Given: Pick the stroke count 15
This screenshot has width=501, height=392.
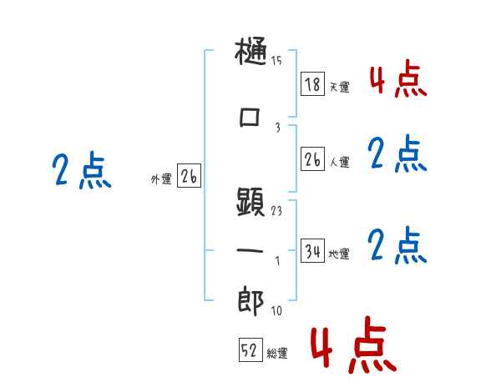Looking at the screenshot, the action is tap(276, 60).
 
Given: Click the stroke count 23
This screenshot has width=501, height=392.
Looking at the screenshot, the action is tap(276, 211).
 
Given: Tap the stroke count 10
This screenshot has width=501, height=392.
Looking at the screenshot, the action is tap(276, 311).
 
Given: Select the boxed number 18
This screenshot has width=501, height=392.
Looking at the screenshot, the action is tap(312, 84).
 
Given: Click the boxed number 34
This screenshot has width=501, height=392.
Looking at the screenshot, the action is tap(312, 250).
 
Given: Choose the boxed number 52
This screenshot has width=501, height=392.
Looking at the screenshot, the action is tap(248, 350).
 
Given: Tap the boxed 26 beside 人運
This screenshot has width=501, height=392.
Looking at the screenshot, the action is tap(312, 158).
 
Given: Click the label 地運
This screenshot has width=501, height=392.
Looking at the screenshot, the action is tap(340, 254).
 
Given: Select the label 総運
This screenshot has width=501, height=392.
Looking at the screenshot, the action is tap(277, 354).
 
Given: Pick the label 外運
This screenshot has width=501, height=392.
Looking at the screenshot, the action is tap(160, 178).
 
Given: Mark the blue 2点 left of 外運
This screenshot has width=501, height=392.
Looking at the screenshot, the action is tap(81, 172).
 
